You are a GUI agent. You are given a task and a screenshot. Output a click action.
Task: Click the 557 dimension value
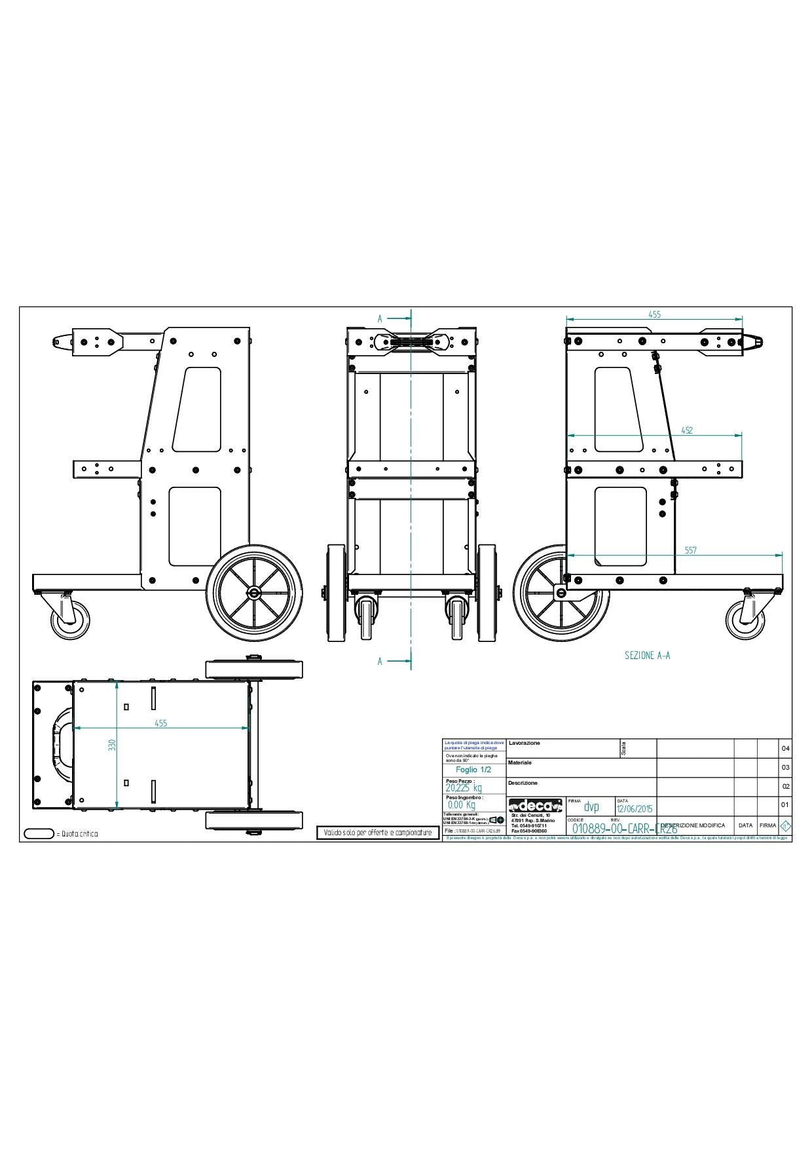click(x=690, y=550)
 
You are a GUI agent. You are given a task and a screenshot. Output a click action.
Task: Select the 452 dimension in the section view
click(x=687, y=430)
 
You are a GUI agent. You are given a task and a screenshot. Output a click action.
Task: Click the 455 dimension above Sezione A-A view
click(x=654, y=314)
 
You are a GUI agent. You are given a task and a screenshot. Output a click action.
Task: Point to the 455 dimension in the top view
click(x=160, y=723)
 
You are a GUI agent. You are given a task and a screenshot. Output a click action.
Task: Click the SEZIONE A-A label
click(x=647, y=654)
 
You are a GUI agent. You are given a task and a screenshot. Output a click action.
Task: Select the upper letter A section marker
click(x=380, y=318)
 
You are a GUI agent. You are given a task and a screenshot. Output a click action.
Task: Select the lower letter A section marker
click(x=380, y=662)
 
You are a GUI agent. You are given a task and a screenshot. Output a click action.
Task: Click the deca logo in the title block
click(x=535, y=805)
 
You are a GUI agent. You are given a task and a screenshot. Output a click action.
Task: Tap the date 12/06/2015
click(x=635, y=808)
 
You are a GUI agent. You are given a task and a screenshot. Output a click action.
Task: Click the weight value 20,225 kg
click(x=463, y=788)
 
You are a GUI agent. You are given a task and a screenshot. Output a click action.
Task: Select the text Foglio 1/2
click(x=473, y=770)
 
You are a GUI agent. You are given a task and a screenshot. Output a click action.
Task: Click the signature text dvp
click(x=591, y=807)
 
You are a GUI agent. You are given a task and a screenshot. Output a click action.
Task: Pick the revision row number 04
click(x=785, y=749)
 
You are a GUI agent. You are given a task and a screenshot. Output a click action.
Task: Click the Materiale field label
click(x=520, y=763)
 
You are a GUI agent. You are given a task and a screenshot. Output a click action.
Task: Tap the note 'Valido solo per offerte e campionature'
click(x=378, y=833)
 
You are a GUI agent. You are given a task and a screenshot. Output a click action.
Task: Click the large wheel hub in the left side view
click(x=253, y=592)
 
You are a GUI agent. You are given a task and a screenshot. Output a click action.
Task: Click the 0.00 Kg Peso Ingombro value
click(x=462, y=805)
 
